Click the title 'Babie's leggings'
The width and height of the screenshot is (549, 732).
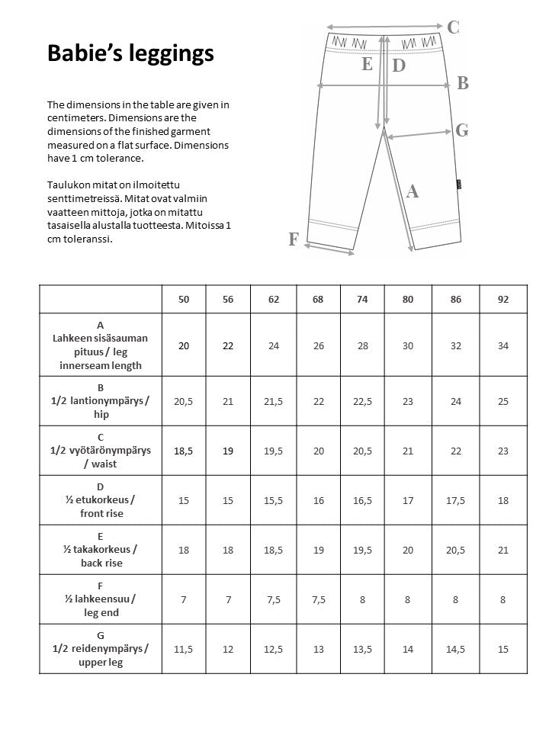[130, 53]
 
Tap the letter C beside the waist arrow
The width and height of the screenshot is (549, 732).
[453, 27]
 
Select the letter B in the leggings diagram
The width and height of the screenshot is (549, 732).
[462, 84]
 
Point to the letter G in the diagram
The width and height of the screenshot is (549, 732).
[461, 130]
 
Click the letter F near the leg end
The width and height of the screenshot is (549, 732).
[293, 239]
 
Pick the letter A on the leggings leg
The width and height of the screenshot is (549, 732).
[413, 192]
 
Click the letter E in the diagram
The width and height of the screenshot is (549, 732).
[368, 64]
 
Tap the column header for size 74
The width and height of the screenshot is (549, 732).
[362, 300]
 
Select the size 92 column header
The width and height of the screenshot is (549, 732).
[502, 300]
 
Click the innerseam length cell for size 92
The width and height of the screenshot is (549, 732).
[502, 345]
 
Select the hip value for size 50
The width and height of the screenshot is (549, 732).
[183, 401]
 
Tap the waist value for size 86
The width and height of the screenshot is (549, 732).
[456, 451]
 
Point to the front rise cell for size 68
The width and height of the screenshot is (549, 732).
[318, 500]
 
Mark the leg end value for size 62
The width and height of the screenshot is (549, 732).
[274, 599]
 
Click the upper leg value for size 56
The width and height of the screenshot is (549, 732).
[228, 649]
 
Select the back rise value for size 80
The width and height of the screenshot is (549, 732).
[408, 550]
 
